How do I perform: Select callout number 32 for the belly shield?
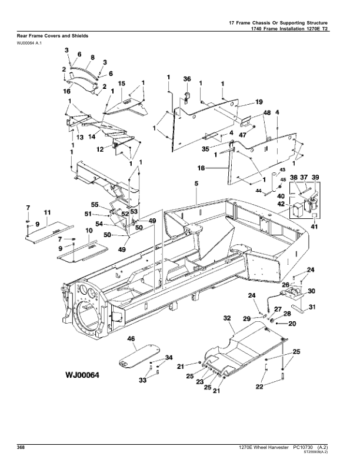226,318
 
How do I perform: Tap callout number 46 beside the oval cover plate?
131,339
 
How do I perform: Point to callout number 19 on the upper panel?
259,102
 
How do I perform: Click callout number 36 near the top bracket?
186,79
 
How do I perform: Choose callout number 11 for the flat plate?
47,212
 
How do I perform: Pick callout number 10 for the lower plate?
89,232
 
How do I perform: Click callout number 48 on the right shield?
266,112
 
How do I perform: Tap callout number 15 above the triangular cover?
122,84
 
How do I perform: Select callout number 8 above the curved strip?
92,58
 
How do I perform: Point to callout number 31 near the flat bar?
312,307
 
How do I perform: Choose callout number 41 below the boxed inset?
315,227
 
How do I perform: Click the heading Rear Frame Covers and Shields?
53,36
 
